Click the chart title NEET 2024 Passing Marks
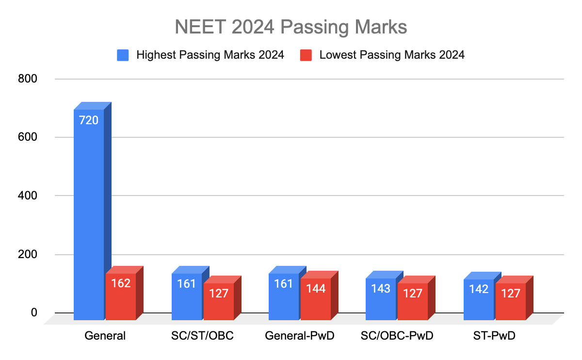pos(291,27)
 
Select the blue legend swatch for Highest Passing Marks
pos(123,55)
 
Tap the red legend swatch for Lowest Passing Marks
pos(306,55)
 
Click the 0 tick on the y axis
pos(34,313)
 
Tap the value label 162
pos(121,283)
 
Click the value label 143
pos(381,289)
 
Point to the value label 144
pos(316,289)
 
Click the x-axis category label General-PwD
pos(300,336)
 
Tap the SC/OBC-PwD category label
pos(397,336)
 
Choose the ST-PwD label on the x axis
pos(495,336)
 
